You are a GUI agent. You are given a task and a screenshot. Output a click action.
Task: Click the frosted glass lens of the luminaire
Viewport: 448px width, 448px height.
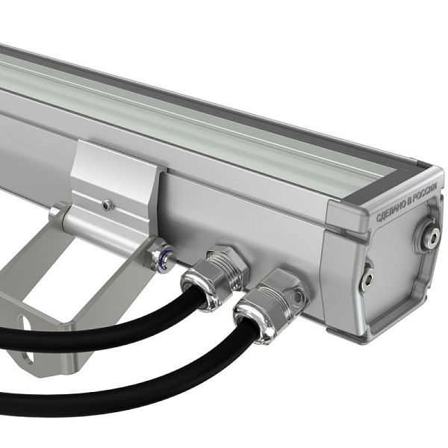187,127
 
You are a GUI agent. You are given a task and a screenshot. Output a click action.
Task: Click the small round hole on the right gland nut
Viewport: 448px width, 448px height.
298,296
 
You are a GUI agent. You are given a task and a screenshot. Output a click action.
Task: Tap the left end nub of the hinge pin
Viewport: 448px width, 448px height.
56,213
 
